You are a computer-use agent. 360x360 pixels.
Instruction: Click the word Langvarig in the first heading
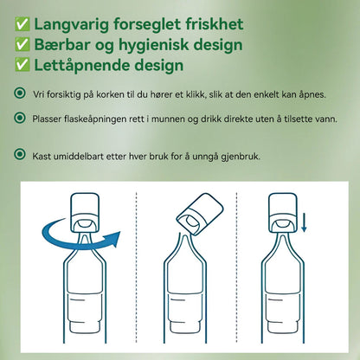click(72, 24)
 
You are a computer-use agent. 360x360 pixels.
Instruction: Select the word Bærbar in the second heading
click(62, 45)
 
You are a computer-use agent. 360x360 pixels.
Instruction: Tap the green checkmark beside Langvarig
click(22, 24)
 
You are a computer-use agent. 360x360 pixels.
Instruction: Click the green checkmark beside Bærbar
click(22, 45)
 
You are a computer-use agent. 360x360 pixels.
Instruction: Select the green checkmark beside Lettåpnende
click(22, 65)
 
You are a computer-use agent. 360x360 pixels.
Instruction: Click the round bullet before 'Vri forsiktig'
click(20, 93)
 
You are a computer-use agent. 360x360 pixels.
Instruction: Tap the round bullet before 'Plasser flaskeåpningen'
click(20, 118)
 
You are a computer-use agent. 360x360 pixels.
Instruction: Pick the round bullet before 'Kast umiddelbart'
click(20, 154)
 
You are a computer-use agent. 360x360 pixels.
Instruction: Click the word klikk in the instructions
click(196, 94)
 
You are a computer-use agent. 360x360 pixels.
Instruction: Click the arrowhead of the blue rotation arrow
click(113, 239)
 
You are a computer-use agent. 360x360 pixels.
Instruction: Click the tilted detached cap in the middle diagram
click(200, 214)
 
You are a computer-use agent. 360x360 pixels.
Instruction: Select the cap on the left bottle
click(86, 213)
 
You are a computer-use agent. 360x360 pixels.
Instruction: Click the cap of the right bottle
click(283, 213)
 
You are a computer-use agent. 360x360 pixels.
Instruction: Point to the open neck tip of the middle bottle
click(185, 236)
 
